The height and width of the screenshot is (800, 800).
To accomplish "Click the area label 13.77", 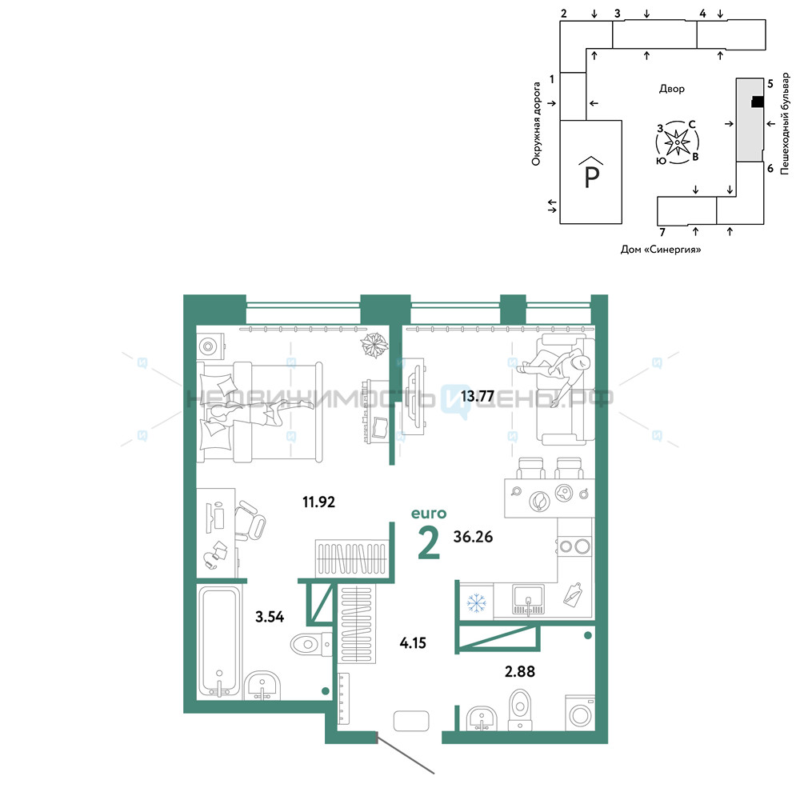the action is tap(477, 396).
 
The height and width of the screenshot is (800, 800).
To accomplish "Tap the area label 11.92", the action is tap(319, 502).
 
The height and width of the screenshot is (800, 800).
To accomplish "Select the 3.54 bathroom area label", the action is tap(270, 617).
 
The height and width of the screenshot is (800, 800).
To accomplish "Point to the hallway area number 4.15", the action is tap(413, 643).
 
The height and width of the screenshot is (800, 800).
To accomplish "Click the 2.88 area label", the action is tap(520, 671).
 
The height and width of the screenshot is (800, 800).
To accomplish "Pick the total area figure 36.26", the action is tap(473, 537).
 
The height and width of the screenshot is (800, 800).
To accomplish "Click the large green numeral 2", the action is tap(429, 543).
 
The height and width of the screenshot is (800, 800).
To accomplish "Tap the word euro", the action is tap(429, 514).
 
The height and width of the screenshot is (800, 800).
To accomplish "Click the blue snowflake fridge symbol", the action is tap(477, 602).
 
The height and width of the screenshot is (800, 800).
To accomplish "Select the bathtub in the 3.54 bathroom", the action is tap(219, 642).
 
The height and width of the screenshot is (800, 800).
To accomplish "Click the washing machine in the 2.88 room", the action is tap(580, 714).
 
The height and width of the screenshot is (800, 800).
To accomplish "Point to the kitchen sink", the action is tap(528, 601).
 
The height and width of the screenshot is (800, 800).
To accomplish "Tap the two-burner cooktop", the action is tap(574, 546).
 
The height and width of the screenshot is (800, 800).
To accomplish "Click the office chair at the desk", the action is tap(250, 520).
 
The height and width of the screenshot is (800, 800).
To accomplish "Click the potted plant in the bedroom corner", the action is tap(374, 345).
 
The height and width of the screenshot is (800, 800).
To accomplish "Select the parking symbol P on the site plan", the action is tap(591, 173).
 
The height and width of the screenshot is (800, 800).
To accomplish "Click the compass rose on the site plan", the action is tap(677, 142).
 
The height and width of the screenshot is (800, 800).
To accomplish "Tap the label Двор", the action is tap(672, 89).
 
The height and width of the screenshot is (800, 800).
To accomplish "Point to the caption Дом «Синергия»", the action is tap(661, 250).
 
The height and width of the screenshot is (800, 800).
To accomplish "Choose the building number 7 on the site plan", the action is tap(662, 232).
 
